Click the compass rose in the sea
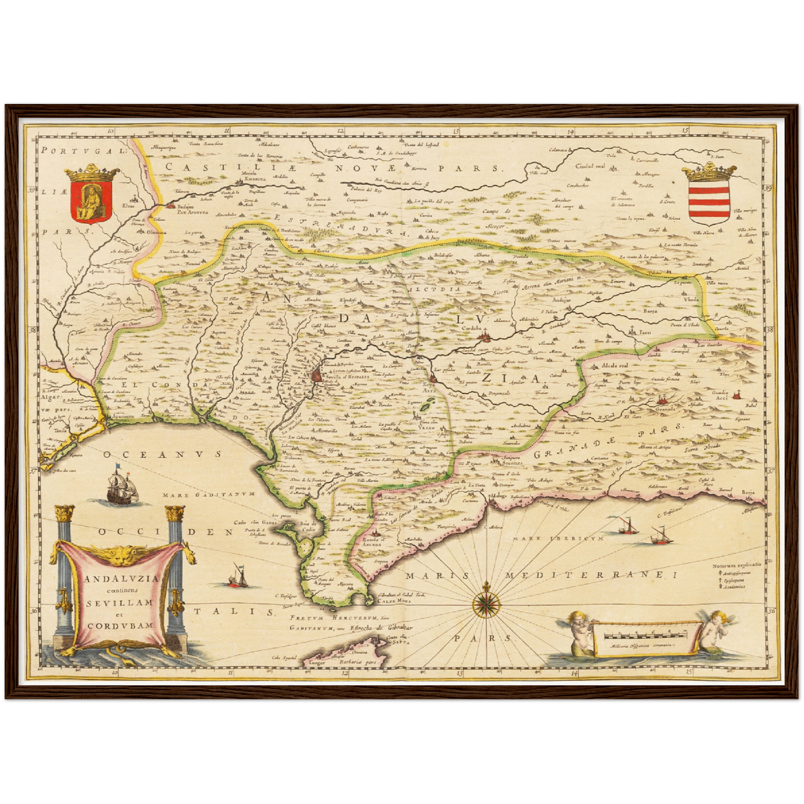487,603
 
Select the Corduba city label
473,328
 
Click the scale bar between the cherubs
644,634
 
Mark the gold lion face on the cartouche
122,554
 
